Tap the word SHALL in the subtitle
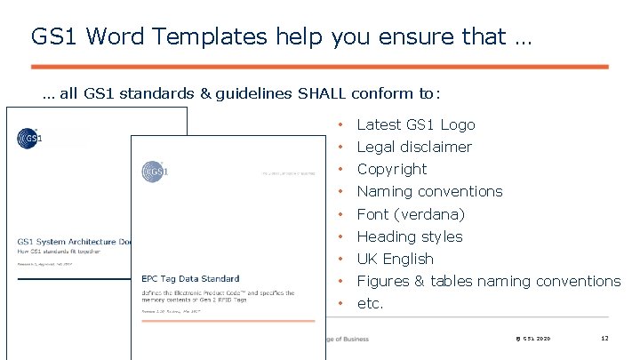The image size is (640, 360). [323, 93]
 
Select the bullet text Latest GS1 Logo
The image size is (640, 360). [415, 125]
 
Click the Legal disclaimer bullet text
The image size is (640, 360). [413, 148]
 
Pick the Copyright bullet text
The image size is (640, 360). [391, 170]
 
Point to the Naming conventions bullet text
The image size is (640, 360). [429, 192]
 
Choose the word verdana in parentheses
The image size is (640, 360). [430, 214]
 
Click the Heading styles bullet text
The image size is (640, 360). [409, 236]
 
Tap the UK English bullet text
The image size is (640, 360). [395, 259]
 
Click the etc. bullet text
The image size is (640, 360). [370, 303]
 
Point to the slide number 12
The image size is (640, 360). [604, 339]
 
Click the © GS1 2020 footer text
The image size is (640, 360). [532, 339]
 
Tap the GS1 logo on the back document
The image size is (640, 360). [28, 138]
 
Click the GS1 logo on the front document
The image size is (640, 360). [153, 171]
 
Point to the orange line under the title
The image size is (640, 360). [319, 67]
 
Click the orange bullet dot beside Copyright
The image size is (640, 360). [340, 170]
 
